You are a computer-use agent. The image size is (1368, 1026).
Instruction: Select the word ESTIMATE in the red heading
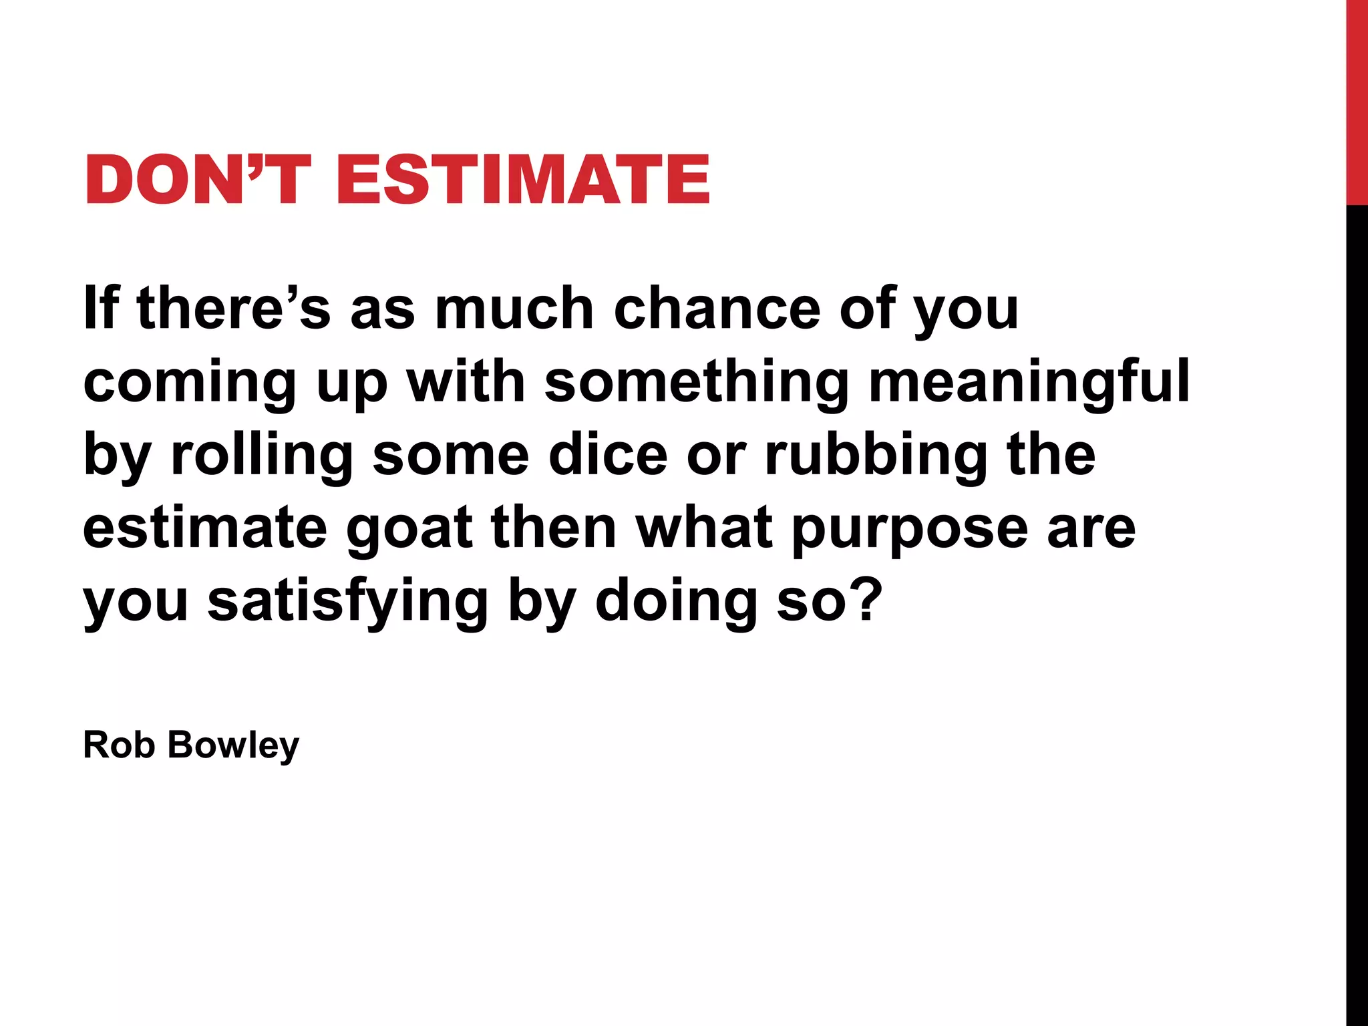(523, 179)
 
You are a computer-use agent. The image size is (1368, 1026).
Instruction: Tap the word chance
(717, 309)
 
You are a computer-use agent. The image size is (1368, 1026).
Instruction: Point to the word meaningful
(1029, 382)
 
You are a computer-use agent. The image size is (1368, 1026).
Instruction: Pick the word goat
(409, 529)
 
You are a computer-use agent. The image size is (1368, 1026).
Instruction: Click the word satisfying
(348, 601)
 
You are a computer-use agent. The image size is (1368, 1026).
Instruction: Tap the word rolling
(262, 456)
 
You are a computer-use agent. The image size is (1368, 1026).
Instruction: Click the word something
(697, 382)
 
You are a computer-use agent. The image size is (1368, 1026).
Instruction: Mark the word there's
(234, 309)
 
